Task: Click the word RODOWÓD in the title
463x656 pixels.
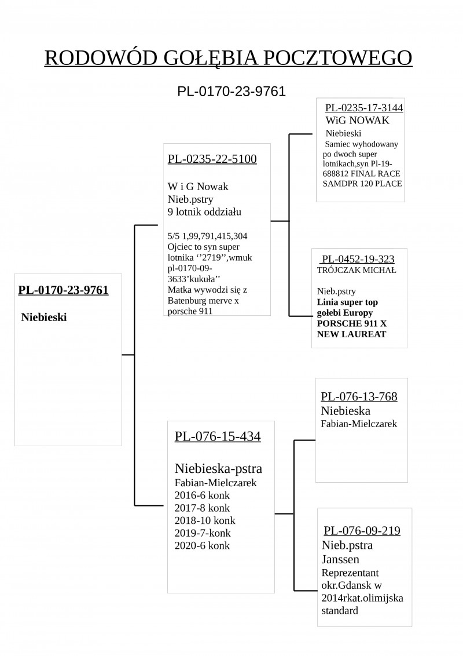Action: tap(101, 58)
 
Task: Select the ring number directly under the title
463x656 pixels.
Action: tap(231, 91)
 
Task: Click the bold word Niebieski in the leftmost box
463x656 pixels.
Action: tap(44, 317)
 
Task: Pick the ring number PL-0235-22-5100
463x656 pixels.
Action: tap(212, 159)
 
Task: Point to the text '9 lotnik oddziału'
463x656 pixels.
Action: tap(204, 212)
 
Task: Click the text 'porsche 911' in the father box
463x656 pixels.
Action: tap(190, 311)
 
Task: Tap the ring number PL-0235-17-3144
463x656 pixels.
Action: tap(364, 108)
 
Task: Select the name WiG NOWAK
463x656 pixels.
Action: tap(357, 121)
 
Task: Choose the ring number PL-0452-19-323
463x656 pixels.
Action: tap(358, 259)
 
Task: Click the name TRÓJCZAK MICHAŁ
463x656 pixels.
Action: tap(357, 270)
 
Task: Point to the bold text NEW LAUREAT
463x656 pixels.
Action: tap(351, 334)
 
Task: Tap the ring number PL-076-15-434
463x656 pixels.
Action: tap(218, 436)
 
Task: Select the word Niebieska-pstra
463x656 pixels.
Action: tap(219, 469)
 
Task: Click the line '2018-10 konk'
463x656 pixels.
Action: tap(205, 520)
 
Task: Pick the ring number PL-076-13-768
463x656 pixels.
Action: tap(359, 396)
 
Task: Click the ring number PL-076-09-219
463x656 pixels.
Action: tap(362, 530)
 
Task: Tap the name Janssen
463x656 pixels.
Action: tap(340, 559)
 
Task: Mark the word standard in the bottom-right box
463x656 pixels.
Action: tap(340, 610)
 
